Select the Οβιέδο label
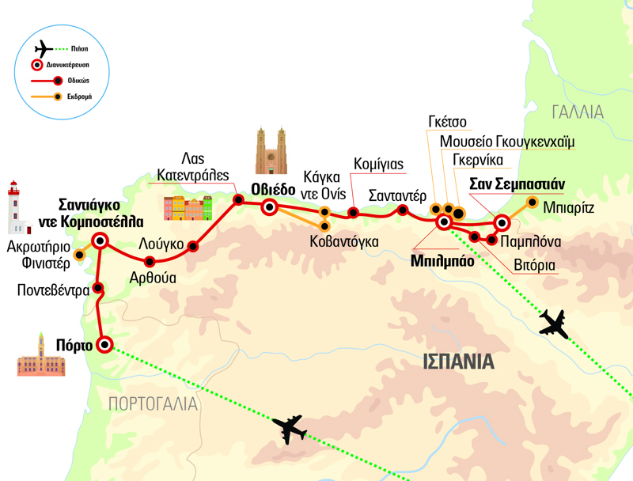tap(273, 189)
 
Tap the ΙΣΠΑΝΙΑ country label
tap(458, 362)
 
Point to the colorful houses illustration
tap(188, 207)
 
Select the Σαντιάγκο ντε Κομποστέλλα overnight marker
tap(100, 240)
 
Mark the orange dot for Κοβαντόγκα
tap(324, 226)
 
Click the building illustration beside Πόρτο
tap(36, 355)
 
